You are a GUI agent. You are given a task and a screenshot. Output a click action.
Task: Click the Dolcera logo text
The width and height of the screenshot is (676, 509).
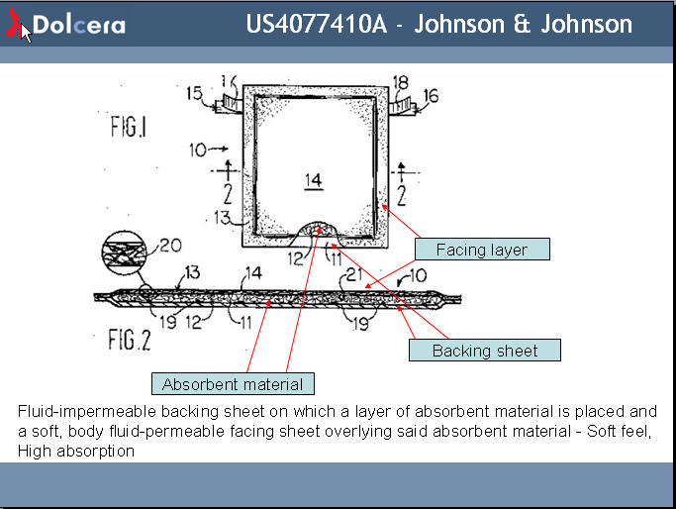78,25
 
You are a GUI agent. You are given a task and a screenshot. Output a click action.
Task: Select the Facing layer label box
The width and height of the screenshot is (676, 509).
482,250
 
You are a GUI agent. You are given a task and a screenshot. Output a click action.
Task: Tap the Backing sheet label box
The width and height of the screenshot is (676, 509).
485,351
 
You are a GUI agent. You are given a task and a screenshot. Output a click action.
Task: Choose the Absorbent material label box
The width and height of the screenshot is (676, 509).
234,383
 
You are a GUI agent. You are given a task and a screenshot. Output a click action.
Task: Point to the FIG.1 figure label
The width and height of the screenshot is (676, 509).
129,129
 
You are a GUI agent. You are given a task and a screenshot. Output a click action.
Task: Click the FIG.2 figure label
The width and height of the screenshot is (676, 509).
129,341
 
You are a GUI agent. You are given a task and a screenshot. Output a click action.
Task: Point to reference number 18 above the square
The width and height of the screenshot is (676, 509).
401,81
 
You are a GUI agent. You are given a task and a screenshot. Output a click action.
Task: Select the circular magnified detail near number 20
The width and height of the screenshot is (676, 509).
124,252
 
